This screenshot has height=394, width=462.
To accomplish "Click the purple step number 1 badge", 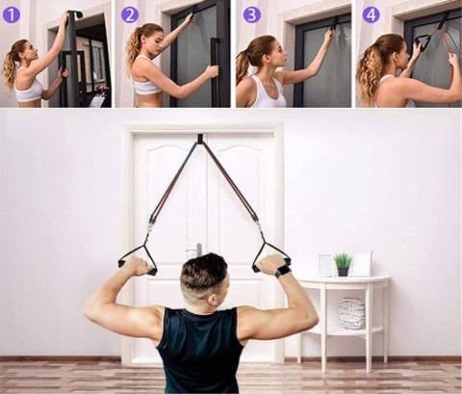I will click(x=12, y=14).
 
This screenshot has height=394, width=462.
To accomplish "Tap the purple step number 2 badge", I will click(x=130, y=14).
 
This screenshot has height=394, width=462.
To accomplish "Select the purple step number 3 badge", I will click(x=251, y=14).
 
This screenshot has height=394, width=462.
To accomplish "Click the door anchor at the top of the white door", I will click(x=200, y=140).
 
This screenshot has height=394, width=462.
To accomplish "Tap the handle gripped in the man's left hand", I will click(x=136, y=259).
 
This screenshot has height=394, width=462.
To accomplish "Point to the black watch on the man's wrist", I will click(x=283, y=272).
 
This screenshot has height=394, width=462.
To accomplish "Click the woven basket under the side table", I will click(x=351, y=313).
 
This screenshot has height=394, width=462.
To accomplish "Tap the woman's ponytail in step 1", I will click(x=11, y=67).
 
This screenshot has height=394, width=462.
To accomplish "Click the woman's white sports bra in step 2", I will click(x=147, y=86).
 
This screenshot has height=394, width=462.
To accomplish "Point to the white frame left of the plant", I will click(x=325, y=265).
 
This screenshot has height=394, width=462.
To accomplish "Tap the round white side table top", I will click(x=343, y=280).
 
